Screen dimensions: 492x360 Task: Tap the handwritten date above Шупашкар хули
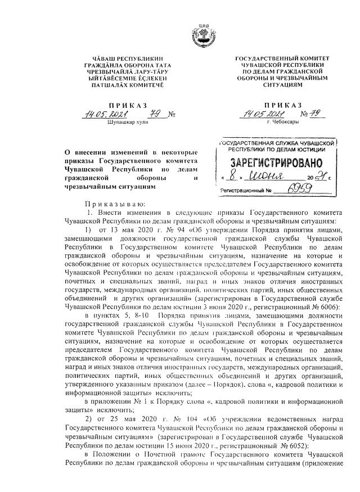pyautogui.click(x=112, y=116)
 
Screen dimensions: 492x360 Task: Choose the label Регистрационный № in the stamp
pyautogui.click(x=242, y=192)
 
